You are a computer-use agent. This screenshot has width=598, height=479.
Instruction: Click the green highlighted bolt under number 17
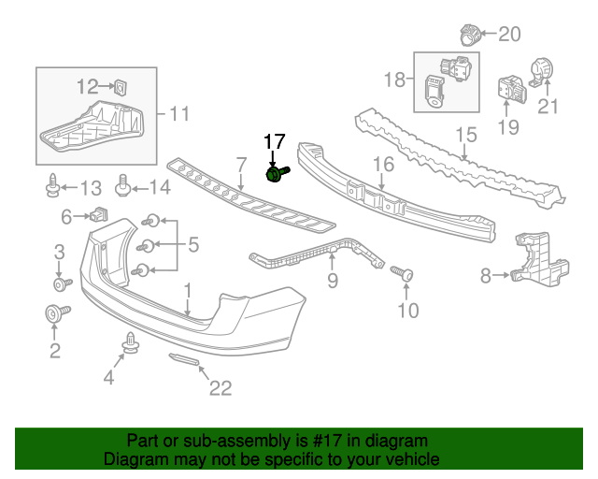(277, 174)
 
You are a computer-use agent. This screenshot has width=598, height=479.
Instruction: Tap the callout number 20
(509, 35)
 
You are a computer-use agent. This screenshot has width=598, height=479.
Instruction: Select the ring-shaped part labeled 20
(471, 36)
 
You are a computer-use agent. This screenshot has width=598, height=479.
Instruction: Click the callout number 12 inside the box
(87, 87)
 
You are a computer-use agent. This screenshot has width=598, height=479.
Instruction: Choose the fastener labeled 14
(122, 185)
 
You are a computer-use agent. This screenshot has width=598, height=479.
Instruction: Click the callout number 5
(192, 245)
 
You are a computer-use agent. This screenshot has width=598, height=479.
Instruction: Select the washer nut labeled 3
(59, 283)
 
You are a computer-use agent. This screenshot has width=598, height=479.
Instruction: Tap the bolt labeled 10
(405, 274)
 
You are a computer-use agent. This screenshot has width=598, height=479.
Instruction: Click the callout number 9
(333, 279)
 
